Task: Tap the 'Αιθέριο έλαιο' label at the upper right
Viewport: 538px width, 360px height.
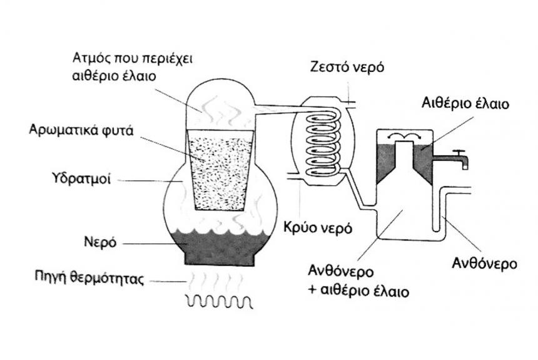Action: point(464,104)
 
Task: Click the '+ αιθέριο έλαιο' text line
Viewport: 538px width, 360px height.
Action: point(358,291)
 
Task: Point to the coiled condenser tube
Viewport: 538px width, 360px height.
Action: point(322,141)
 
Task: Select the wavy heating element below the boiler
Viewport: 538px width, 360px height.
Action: point(218,302)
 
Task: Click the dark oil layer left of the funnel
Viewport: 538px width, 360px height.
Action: point(385,160)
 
